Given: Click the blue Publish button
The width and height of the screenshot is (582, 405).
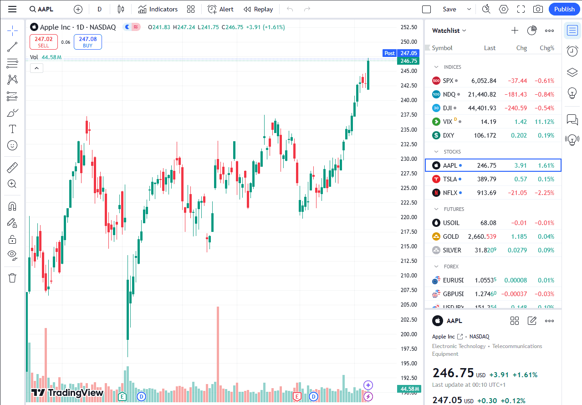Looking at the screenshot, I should [564, 9].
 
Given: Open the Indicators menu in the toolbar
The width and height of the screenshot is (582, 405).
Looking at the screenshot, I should [158, 9].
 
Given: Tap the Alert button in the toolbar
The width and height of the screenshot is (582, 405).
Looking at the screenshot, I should [220, 9].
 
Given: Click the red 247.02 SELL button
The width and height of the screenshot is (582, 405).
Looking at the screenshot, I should [44, 42].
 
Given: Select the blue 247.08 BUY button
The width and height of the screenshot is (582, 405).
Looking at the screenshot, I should [87, 42].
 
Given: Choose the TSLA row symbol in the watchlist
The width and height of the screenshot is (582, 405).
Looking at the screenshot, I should [450, 179].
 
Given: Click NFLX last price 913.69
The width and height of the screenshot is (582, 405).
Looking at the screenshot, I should [486, 193].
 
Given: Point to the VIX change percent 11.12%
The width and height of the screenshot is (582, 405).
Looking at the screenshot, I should [544, 122].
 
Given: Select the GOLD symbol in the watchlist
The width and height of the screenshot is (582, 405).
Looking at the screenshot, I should [451, 236].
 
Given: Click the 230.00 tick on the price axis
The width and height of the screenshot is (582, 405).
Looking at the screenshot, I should [408, 159].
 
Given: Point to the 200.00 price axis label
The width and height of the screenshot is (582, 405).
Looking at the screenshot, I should [408, 334].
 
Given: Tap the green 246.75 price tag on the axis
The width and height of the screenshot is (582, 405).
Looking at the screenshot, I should [408, 61].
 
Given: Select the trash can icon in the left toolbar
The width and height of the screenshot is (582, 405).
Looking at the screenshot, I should [12, 277].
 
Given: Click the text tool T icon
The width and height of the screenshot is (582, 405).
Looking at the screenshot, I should [12, 129].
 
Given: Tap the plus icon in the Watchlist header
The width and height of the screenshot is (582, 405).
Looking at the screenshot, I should [515, 31].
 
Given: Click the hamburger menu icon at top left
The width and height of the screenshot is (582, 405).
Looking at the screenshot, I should [12, 9].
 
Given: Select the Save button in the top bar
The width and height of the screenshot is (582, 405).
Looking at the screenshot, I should [449, 9].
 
